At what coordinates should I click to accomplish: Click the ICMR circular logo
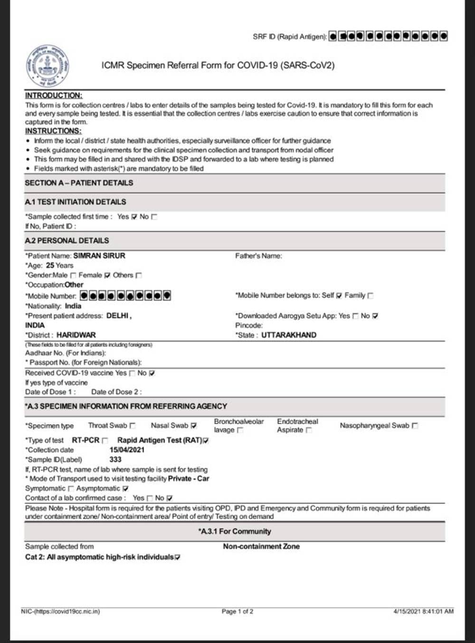(x=47, y=66)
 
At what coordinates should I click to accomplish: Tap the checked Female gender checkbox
(x=107, y=275)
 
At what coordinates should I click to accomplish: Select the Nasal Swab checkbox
(x=193, y=426)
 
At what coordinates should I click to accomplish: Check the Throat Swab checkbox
(x=133, y=426)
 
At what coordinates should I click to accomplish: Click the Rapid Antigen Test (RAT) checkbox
(x=206, y=441)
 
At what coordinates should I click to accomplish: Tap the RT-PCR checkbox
(x=105, y=441)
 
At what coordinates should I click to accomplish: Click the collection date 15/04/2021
(x=127, y=450)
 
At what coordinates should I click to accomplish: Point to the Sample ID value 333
(x=115, y=460)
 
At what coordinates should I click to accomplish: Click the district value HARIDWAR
(x=76, y=335)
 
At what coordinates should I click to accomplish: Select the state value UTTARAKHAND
(x=289, y=335)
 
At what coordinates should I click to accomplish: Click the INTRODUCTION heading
(x=54, y=96)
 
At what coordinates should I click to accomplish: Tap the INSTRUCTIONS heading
(x=53, y=131)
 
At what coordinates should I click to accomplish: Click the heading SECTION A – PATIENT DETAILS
(x=79, y=183)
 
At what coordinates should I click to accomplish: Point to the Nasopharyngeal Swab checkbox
(x=415, y=426)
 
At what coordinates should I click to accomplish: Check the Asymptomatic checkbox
(x=125, y=489)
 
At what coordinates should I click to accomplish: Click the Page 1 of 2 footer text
(x=237, y=611)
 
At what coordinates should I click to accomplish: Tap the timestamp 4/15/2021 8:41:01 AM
(x=423, y=611)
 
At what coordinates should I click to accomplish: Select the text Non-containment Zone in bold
(x=261, y=547)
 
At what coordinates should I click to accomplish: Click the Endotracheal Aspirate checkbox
(x=309, y=430)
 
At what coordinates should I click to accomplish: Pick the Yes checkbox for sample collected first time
(x=134, y=217)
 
